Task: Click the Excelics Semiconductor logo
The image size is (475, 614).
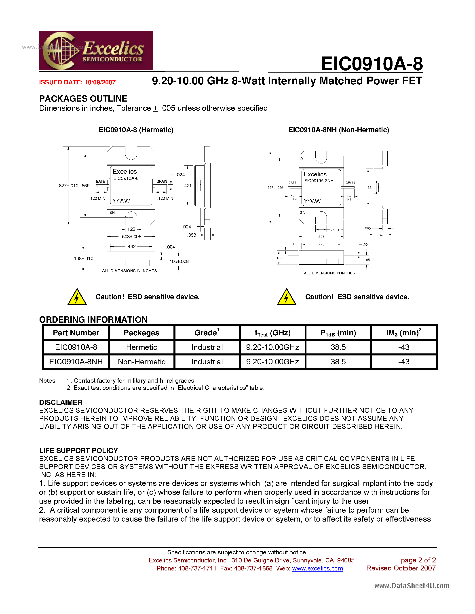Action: tap(96, 51)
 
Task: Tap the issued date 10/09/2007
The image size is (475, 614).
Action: tap(100, 82)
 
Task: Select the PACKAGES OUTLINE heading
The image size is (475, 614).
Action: tap(83, 99)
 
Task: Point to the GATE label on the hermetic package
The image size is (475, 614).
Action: tap(100, 181)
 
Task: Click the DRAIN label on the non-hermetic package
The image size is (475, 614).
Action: tap(350, 182)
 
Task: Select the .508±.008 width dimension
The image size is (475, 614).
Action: tap(131, 237)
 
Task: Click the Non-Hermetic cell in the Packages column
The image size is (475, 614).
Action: tap(141, 362)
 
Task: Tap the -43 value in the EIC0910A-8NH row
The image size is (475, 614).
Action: tap(403, 362)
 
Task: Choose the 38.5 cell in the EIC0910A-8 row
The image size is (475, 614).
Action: tap(338, 347)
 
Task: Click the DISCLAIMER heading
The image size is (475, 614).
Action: tap(61, 402)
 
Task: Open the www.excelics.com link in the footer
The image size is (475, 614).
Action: tap(317, 568)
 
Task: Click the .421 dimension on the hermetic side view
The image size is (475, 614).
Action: tap(187, 186)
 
